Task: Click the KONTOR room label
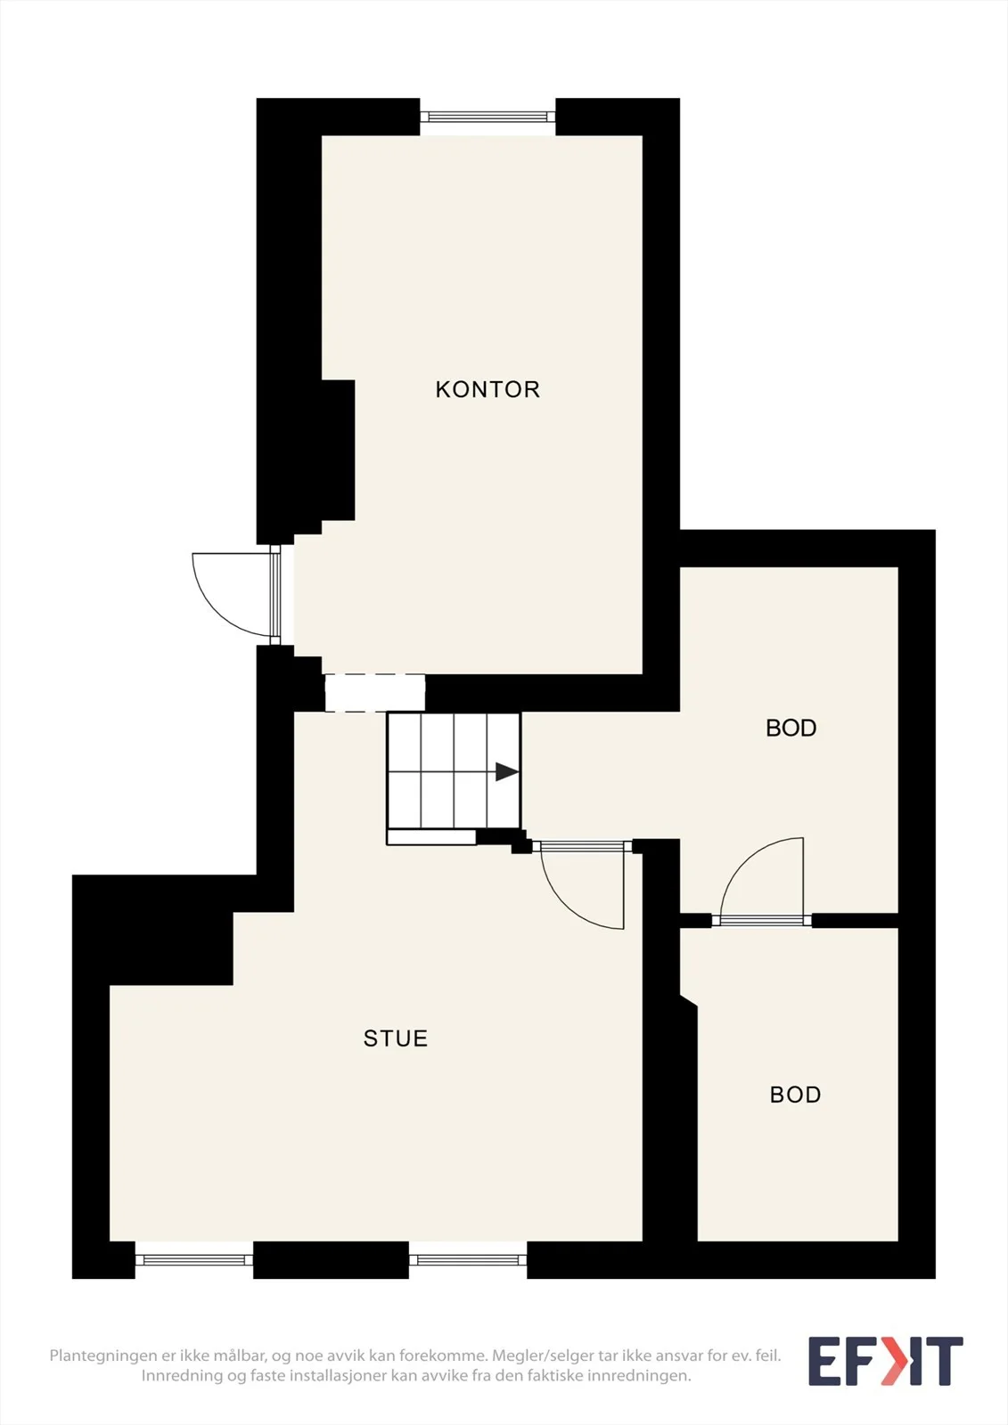[488, 389]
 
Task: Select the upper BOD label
[791, 728]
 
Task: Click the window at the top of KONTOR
[488, 117]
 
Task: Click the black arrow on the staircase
[506, 771]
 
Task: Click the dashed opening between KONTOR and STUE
[375, 693]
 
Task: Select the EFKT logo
[886, 1361]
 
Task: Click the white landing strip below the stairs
[431, 837]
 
